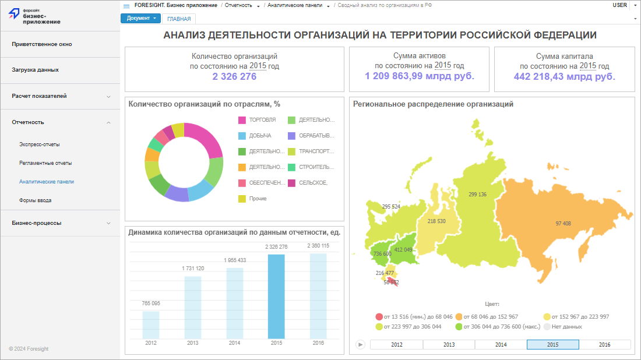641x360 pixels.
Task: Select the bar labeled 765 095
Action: click(151, 324)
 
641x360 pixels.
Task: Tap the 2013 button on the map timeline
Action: click(449, 344)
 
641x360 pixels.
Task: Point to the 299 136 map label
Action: click(477, 195)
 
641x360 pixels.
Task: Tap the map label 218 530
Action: click(436, 221)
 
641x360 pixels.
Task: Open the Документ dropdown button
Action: click(140, 18)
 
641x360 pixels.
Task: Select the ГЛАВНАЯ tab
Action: click(179, 19)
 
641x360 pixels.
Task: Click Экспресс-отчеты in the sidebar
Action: click(40, 144)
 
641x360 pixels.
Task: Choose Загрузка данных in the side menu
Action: click(35, 70)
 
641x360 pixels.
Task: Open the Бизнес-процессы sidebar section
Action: click(37, 223)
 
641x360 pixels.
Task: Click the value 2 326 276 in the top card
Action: click(234, 76)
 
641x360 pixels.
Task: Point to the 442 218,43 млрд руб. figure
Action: click(564, 76)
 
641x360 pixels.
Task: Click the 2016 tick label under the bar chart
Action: click(318, 343)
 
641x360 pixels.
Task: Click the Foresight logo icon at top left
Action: click(14, 16)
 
